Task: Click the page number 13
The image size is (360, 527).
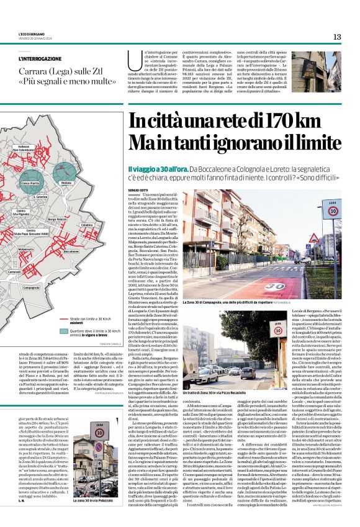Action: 337,37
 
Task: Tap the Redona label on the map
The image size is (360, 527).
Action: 66,183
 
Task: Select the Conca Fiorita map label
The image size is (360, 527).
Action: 30,184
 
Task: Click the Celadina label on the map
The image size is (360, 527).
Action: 86,225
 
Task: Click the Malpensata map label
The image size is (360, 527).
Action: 26,249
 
